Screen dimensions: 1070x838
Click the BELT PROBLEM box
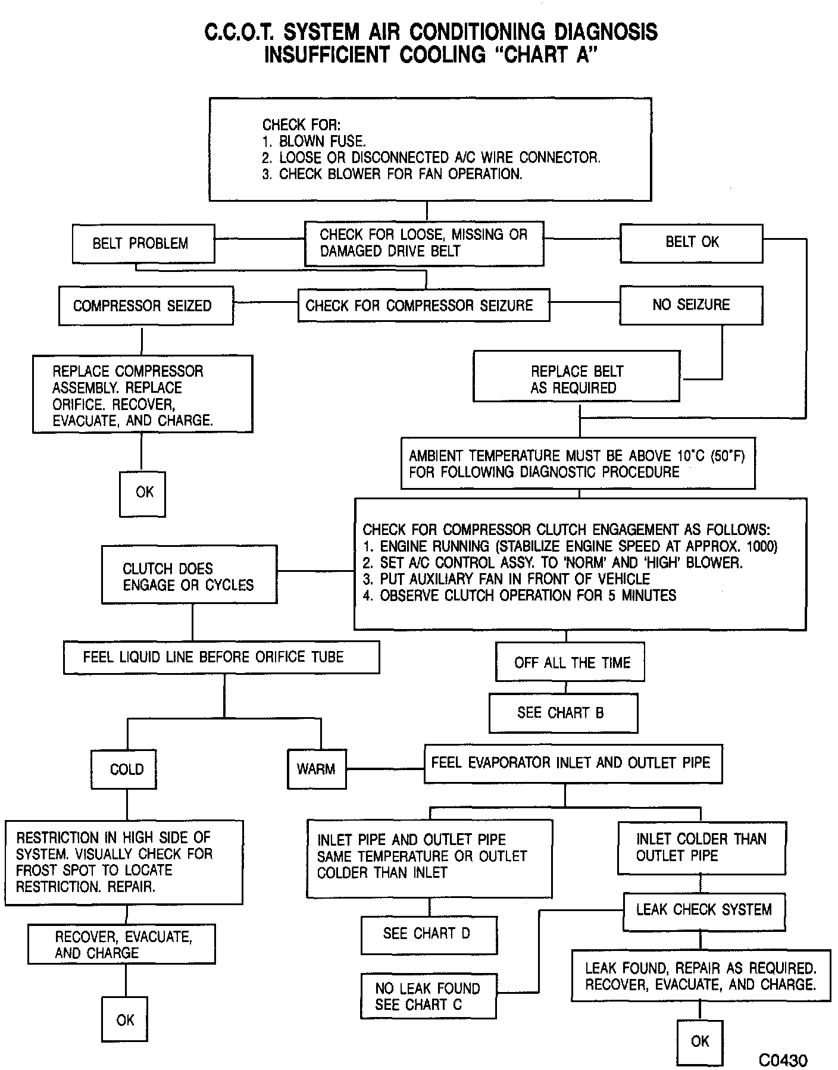click(x=143, y=243)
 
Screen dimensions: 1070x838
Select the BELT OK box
click(x=691, y=243)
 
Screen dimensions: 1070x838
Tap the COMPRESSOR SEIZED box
click(x=146, y=306)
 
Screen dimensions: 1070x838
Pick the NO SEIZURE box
click(x=691, y=305)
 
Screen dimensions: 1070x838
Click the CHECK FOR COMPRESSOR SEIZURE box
click(x=423, y=305)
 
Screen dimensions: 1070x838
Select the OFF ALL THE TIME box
click(x=570, y=662)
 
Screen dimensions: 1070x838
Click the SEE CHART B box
click(x=563, y=713)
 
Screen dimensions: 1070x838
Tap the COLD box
click(x=127, y=769)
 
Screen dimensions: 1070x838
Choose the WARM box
click(x=316, y=769)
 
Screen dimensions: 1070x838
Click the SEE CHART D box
click(x=429, y=934)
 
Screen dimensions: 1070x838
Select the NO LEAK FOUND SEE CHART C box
click(x=428, y=996)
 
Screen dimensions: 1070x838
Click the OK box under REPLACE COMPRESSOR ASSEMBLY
click(x=143, y=493)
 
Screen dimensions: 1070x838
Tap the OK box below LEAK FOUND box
click(x=700, y=1041)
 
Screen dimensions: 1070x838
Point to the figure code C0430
click(x=783, y=1060)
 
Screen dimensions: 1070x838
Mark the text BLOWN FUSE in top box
click(x=322, y=142)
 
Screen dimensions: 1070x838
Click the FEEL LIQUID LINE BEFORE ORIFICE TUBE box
click(x=221, y=657)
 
